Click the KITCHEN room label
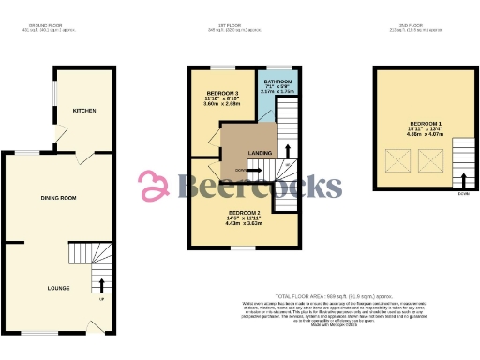85,110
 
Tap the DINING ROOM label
57,198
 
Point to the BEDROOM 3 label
222,94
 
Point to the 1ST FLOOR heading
244,24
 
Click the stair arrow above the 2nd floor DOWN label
463,179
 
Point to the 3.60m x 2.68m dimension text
222,105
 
